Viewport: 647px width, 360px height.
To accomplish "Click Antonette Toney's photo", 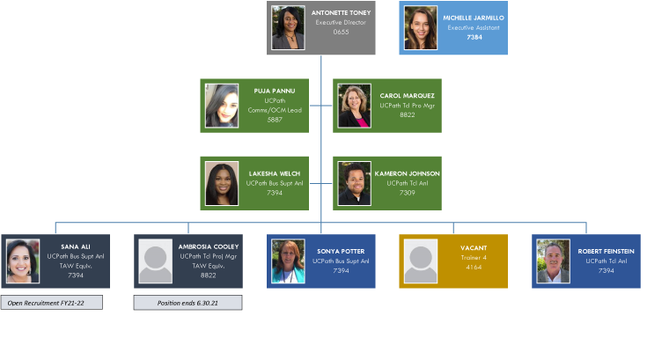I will [x=288, y=27].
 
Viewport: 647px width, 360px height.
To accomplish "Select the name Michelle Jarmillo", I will [x=474, y=17].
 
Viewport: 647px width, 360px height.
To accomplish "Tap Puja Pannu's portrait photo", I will [x=222, y=106].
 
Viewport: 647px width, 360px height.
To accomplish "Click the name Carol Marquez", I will [x=407, y=95].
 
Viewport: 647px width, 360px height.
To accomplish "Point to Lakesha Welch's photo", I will [x=221, y=183].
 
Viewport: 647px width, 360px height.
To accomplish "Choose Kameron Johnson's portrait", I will [x=355, y=183].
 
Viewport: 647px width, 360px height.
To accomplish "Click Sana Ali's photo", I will [x=23, y=261].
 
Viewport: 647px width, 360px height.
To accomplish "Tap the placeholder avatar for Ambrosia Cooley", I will [x=155, y=261].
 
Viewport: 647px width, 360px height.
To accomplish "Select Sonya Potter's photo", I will [x=288, y=261].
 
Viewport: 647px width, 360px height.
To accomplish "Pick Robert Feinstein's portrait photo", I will [x=553, y=261].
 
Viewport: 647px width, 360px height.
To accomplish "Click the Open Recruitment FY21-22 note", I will [x=51, y=303].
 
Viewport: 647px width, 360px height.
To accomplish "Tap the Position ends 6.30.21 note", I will [x=187, y=303].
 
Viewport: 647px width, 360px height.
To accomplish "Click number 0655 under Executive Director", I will [x=341, y=33].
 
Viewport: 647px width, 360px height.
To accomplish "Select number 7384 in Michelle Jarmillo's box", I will [x=474, y=38].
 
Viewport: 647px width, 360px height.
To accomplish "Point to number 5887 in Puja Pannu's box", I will [x=275, y=120].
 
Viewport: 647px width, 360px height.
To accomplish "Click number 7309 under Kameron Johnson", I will [x=407, y=193].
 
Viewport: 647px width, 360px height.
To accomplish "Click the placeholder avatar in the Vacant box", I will [x=421, y=261].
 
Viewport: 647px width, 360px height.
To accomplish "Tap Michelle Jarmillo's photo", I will [x=421, y=27].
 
